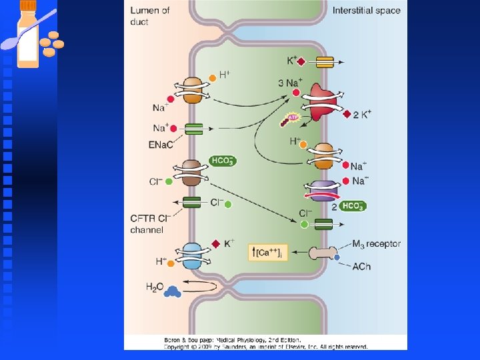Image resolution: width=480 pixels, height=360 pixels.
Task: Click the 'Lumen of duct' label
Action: click(x=150, y=15)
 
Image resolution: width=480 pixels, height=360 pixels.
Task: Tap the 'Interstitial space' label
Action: click(x=366, y=11)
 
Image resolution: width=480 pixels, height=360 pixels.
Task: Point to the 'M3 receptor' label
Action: click(x=376, y=244)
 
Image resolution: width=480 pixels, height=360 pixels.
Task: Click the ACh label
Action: click(x=361, y=267)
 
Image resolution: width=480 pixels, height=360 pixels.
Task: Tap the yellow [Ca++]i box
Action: click(x=268, y=252)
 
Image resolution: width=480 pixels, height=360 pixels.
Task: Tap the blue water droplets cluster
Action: click(x=173, y=291)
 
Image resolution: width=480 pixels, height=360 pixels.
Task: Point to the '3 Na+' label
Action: click(x=290, y=83)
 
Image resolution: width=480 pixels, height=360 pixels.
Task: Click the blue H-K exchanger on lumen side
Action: click(x=192, y=255)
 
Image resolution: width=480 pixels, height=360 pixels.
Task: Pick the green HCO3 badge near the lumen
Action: click(x=223, y=161)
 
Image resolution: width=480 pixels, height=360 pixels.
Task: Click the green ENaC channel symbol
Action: click(x=194, y=129)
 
